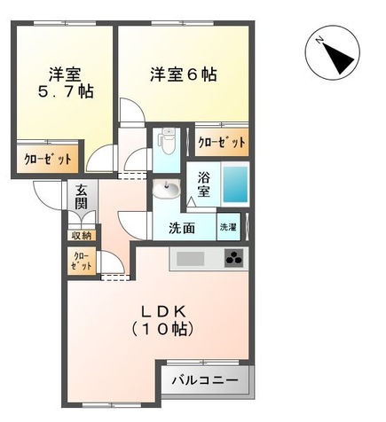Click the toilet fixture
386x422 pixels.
click(x=166, y=143)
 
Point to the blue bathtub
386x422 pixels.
click(x=234, y=184)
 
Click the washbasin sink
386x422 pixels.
click(x=166, y=190)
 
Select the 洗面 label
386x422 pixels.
click(x=182, y=228)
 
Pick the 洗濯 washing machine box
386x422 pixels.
click(x=229, y=228)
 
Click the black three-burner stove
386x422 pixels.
click(x=234, y=259)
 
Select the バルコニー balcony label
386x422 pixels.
click(x=205, y=381)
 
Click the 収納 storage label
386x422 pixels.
click(x=81, y=236)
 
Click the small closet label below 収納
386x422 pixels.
click(x=80, y=261)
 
